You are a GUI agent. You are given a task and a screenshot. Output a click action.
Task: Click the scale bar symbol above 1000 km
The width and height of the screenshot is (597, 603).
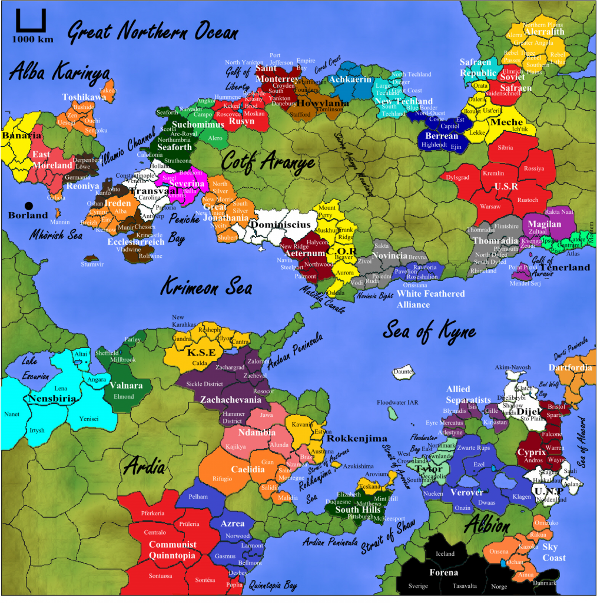pos(26,22)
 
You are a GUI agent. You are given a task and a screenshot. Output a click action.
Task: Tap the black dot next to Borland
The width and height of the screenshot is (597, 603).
pos(29,206)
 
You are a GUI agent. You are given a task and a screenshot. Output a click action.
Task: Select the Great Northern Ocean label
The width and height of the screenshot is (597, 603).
pos(152,32)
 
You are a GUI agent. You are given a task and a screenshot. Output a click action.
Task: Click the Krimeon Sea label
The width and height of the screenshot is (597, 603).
pos(207,287)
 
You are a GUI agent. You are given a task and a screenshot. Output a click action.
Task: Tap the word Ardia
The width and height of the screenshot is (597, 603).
pos(144,467)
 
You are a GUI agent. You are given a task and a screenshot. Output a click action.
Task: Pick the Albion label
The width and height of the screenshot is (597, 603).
pos(486,526)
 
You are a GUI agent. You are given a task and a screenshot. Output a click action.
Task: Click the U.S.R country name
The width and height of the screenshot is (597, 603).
pos(506,187)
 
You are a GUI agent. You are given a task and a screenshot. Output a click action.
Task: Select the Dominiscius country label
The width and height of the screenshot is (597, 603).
pos(278,224)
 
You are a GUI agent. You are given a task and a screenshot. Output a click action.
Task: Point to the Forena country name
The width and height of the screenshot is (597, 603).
pos(443,572)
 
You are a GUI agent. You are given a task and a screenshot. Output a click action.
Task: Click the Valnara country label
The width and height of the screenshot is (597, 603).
pos(126,386)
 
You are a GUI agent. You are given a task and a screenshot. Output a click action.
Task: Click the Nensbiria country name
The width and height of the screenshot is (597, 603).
pos(51,399)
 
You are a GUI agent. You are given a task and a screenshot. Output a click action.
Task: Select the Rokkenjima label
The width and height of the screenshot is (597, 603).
pos(357,439)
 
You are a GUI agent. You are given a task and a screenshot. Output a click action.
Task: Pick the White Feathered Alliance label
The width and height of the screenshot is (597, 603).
pos(430,299)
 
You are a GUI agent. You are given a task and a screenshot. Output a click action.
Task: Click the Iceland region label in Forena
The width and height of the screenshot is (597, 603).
pos(445,554)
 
